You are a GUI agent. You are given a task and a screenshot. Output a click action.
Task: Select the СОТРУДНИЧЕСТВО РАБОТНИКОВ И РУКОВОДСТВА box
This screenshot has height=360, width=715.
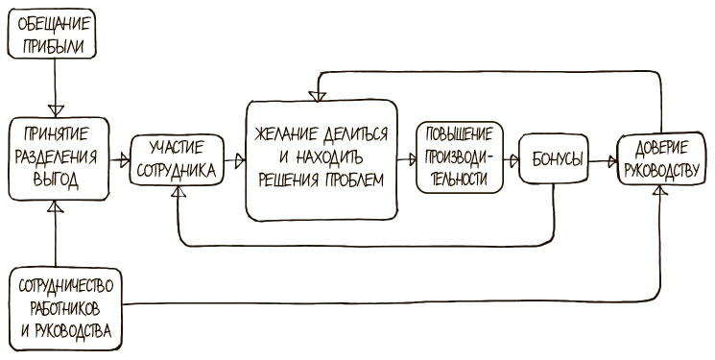tap(66, 308)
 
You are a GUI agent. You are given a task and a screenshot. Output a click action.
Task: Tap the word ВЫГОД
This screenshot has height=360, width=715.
tap(56, 178)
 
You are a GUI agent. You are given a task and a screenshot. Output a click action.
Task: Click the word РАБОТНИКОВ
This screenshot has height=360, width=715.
tap(66, 308)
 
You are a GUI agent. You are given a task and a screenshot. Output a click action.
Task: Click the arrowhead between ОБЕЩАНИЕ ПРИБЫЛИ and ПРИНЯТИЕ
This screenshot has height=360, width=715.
tap(56, 108)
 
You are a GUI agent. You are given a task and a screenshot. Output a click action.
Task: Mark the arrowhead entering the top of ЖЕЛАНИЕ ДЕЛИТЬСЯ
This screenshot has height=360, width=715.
tap(316, 93)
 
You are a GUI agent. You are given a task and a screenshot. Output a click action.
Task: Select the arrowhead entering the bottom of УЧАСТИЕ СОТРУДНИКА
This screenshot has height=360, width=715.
tap(178, 191)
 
